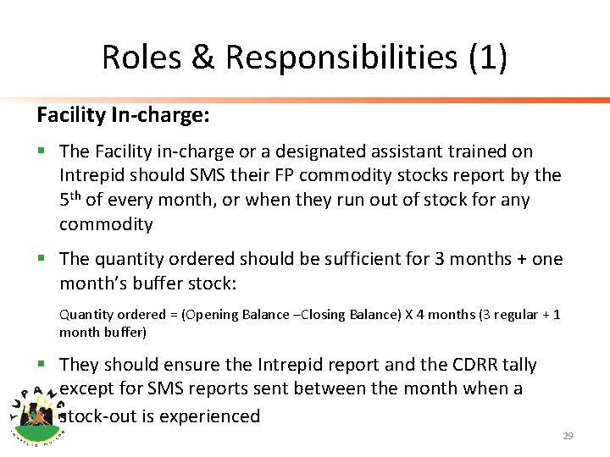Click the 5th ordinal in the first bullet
pyautogui.click(x=70, y=200)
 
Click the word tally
pyautogui.click(x=519, y=365)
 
